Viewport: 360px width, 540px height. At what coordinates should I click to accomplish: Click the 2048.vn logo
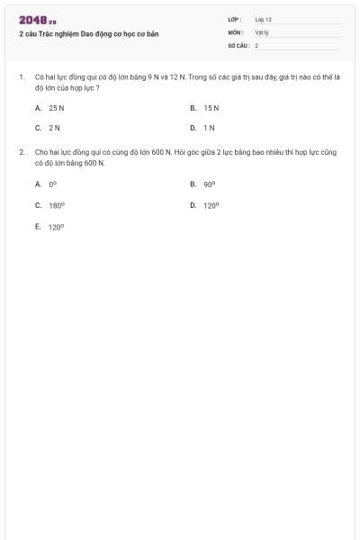click(x=38, y=20)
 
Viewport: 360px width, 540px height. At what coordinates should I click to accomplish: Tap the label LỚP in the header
click(x=235, y=19)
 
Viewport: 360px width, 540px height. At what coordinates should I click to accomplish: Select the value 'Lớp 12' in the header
click(x=263, y=19)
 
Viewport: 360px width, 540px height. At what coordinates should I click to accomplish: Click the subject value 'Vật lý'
click(x=262, y=31)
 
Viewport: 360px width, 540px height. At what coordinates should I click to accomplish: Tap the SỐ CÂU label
click(x=238, y=44)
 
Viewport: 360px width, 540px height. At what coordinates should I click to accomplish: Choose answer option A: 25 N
click(x=56, y=107)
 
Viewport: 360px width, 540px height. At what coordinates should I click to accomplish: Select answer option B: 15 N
click(x=211, y=107)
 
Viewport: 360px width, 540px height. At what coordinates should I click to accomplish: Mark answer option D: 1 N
click(x=209, y=128)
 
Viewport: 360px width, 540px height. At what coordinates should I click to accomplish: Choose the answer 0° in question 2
click(x=53, y=184)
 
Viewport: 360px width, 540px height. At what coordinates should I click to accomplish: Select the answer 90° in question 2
click(x=209, y=184)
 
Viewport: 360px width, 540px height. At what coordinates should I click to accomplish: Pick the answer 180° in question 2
click(x=56, y=205)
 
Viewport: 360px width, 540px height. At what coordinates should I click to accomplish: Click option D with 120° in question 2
click(x=211, y=205)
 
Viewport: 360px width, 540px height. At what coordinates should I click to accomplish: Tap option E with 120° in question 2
click(x=56, y=227)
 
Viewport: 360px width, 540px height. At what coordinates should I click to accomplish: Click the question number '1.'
click(x=22, y=78)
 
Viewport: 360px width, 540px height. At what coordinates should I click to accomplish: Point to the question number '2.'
click(x=22, y=153)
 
